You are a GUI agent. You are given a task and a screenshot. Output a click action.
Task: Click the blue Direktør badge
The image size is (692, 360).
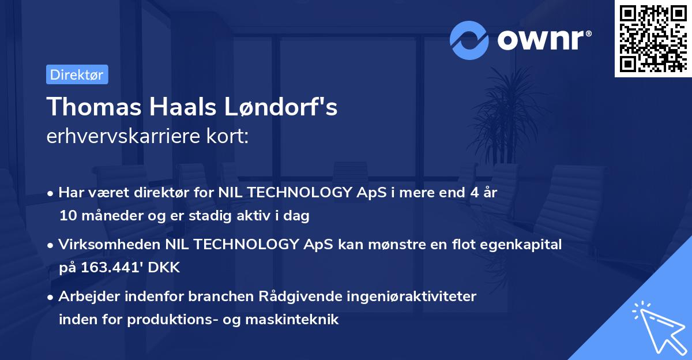point(77,74)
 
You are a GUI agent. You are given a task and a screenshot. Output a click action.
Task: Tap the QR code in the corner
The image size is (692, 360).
point(653,39)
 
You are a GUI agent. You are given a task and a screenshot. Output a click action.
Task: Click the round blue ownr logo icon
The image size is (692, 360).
point(469,40)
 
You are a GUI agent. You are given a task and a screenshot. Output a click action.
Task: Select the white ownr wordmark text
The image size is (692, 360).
point(544,40)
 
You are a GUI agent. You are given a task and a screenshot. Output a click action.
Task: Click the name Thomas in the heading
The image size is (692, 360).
point(94,107)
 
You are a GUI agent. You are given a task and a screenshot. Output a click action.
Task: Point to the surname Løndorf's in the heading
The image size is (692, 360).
point(280,107)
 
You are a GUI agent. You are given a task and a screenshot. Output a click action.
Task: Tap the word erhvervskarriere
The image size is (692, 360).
point(123,136)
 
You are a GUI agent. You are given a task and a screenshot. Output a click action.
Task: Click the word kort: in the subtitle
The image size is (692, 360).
point(228,136)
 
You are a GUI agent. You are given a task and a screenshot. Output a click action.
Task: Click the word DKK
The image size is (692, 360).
point(164,267)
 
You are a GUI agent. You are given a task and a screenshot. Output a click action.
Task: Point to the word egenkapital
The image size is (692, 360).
point(521,245)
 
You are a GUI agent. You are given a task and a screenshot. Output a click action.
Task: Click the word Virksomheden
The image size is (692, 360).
point(110,244)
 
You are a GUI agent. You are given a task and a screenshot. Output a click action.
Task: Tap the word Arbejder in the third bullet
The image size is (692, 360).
point(89,297)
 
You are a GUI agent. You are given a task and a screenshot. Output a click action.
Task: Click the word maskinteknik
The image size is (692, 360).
point(292,319)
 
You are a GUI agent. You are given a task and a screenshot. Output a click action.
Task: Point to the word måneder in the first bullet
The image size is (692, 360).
point(112,216)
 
